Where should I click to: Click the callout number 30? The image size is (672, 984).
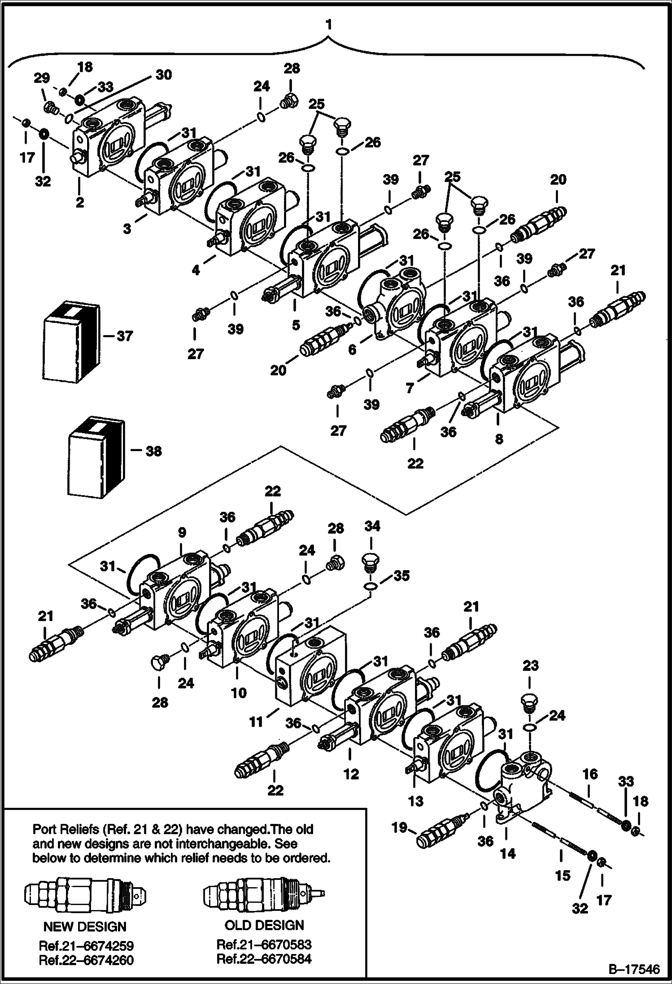(163, 74)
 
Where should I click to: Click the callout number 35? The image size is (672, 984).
(401, 575)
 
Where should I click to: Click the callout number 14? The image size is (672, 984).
(507, 853)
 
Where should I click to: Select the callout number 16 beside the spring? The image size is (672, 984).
(590, 774)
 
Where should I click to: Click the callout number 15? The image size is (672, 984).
(563, 875)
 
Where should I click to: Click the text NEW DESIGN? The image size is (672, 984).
(85, 927)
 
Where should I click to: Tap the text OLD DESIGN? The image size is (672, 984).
(264, 925)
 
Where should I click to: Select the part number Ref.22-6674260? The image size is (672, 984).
(86, 959)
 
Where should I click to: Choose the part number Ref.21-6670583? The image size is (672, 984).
(264, 945)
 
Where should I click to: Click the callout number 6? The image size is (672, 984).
(353, 349)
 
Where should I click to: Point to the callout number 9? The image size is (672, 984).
(181, 532)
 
